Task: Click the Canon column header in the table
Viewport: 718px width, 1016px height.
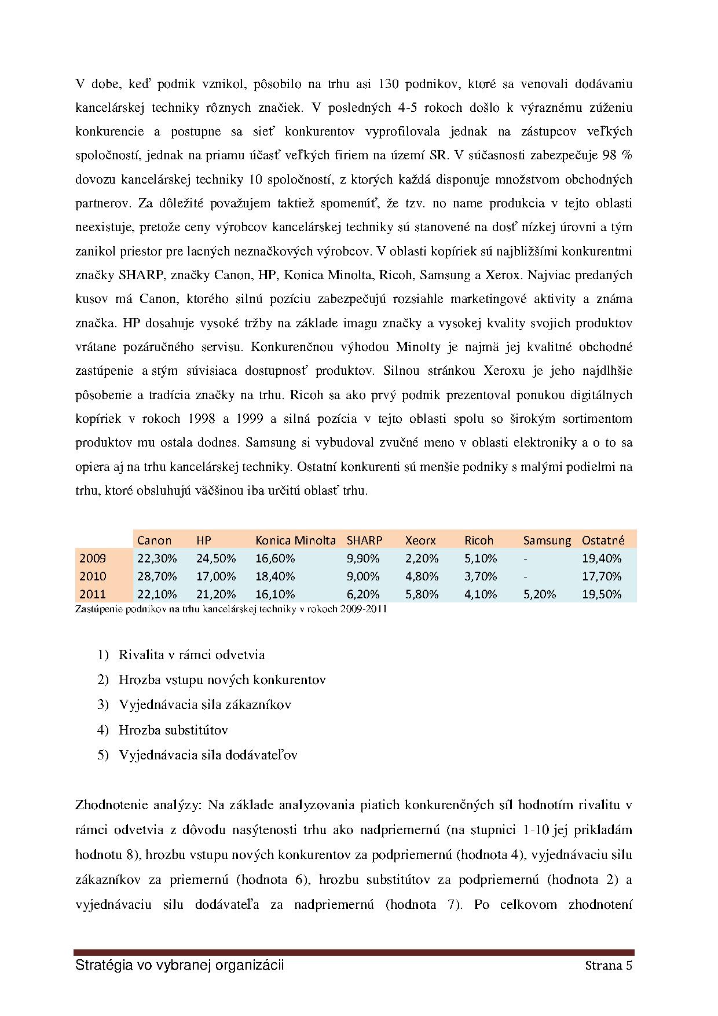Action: point(154,540)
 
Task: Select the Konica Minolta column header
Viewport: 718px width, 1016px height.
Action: point(295,540)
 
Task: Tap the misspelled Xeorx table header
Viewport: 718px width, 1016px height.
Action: point(420,540)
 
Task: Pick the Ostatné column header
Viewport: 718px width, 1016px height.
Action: point(603,540)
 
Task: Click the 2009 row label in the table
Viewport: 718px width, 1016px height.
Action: point(93,558)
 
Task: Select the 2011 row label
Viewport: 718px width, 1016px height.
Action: point(93,594)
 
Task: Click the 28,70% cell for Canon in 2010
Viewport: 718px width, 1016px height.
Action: point(157,576)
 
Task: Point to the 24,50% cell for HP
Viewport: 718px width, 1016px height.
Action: point(216,558)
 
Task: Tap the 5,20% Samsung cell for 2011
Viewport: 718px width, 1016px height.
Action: point(539,594)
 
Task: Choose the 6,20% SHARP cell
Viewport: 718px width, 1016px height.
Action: point(363,594)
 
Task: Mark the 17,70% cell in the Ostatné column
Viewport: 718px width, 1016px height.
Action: point(602,576)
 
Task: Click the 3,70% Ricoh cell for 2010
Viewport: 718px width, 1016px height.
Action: point(481,576)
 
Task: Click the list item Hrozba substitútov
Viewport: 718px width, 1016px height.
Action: point(173,730)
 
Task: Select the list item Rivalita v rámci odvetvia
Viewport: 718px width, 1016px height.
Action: point(192,655)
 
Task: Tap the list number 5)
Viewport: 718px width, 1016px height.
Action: point(103,755)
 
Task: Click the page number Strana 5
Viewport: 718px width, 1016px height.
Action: point(608,966)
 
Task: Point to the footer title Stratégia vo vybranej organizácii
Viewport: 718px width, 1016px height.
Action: point(179,966)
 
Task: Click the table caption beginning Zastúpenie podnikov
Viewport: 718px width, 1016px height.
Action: point(231,609)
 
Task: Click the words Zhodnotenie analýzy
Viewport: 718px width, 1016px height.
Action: point(138,805)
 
